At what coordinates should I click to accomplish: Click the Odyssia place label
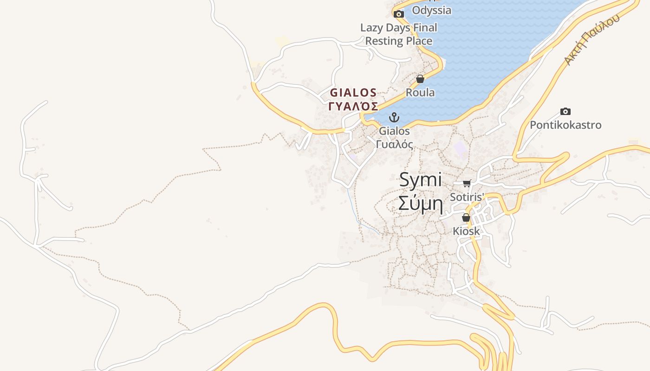(x=431, y=10)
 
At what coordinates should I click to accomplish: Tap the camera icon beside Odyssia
(x=398, y=14)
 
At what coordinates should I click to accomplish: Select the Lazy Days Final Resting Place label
(x=399, y=34)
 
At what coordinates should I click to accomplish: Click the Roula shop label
(x=420, y=92)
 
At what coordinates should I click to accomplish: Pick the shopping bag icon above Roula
(x=420, y=79)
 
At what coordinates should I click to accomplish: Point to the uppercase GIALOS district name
(x=353, y=92)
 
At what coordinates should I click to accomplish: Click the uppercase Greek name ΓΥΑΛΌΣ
(x=353, y=106)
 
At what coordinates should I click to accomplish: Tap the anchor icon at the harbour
(x=394, y=117)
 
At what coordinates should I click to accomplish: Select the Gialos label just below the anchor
(x=394, y=131)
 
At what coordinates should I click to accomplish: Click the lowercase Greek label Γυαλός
(x=394, y=144)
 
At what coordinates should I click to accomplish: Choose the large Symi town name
(x=420, y=180)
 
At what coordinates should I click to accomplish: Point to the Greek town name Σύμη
(x=420, y=202)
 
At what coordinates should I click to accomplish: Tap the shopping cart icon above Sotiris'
(x=467, y=183)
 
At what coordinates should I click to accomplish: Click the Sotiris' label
(x=467, y=197)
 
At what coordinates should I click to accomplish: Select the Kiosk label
(x=466, y=230)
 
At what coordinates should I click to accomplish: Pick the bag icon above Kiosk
(x=466, y=217)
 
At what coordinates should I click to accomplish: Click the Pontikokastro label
(x=565, y=125)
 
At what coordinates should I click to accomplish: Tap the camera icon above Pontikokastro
(x=565, y=111)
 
